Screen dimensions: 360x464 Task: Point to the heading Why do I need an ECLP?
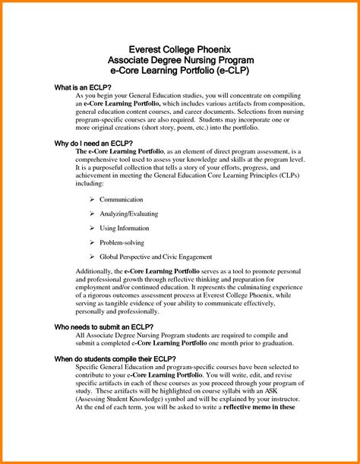[x=93, y=143]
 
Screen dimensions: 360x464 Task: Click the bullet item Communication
[x=122, y=200]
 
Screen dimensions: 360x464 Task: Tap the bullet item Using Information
[x=124, y=229]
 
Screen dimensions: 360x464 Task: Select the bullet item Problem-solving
[x=121, y=243]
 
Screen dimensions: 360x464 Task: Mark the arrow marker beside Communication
[x=92, y=200]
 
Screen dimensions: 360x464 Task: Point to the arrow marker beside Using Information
[x=92, y=229]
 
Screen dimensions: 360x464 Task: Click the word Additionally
[x=99, y=272]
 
